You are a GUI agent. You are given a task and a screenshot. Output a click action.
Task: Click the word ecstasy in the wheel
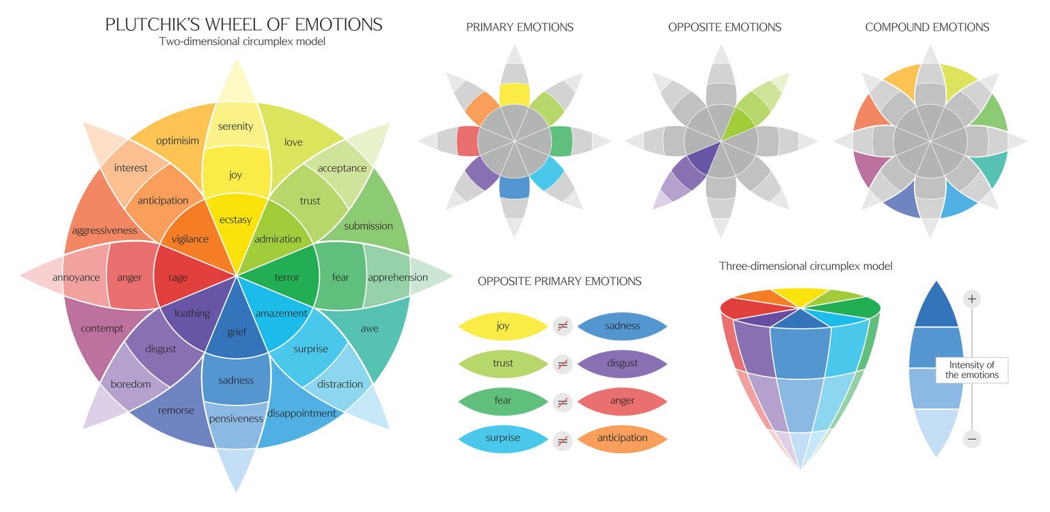[x=236, y=219]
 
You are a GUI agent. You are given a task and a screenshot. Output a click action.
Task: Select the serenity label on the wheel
[x=236, y=126]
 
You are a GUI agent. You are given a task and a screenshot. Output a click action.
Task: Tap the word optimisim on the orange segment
[x=177, y=140]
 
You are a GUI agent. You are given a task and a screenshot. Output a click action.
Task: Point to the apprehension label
[x=398, y=277]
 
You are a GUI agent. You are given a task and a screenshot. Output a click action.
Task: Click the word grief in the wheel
[x=237, y=332]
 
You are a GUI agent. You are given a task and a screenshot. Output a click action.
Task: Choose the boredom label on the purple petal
[x=131, y=383]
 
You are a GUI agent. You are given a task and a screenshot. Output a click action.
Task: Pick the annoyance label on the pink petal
[x=76, y=278]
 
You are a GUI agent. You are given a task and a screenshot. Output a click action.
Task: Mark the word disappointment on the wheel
[x=301, y=413]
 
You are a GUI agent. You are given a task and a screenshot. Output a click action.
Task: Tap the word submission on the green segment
[x=368, y=226]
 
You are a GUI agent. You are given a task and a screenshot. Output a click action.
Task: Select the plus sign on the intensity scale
[x=972, y=299]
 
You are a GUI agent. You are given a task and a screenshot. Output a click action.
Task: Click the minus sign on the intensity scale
[x=972, y=438]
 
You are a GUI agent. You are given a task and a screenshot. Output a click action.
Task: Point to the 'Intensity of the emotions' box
[x=971, y=370]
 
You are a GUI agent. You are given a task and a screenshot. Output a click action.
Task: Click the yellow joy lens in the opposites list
[x=503, y=326]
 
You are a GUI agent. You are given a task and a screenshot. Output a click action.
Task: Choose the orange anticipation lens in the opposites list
[x=622, y=438]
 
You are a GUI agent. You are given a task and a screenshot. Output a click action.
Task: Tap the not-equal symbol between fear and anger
[x=563, y=401]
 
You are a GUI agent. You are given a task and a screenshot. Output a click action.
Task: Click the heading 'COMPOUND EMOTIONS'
[x=927, y=27]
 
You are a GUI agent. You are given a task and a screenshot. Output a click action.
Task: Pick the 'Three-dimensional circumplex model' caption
[x=805, y=266]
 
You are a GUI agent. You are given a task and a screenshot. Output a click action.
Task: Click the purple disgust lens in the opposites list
[x=622, y=364]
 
